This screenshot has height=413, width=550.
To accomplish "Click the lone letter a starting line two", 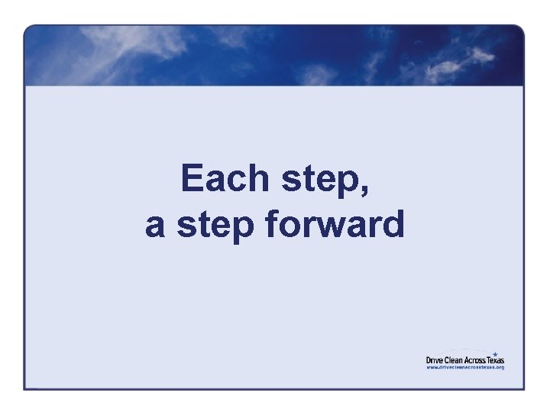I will click(155, 226).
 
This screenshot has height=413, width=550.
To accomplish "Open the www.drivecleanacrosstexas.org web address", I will click(465, 367).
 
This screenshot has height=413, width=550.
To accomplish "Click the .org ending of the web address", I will click(500, 367).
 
